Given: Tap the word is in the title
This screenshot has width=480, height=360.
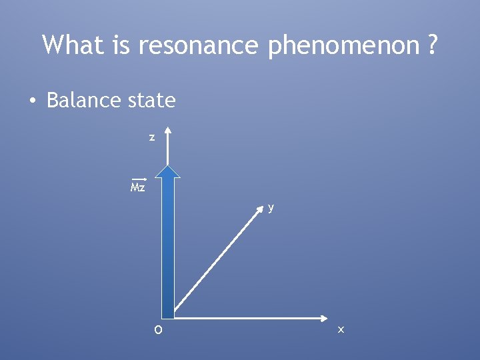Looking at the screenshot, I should tap(125, 45).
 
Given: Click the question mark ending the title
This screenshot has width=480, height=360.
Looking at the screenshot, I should tap(433, 45).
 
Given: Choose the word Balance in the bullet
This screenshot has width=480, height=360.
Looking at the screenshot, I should tap(81, 101).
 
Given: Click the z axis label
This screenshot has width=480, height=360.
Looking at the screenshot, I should tap(152, 137).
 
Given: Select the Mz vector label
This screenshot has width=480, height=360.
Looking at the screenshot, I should tap(138, 188).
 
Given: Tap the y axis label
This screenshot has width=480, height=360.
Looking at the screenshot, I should tap(271, 207).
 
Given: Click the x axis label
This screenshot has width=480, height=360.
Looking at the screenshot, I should tap(341, 330).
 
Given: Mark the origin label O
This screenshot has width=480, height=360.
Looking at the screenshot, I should tap(157, 330).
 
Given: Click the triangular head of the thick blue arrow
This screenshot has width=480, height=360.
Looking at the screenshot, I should tap(168, 171).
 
